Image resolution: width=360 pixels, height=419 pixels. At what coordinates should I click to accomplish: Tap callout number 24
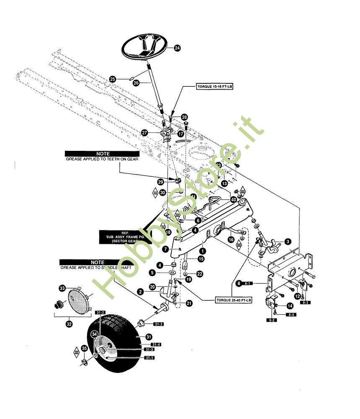(x=177, y=49)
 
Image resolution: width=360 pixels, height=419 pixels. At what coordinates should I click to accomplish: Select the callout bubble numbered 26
(x=136, y=83)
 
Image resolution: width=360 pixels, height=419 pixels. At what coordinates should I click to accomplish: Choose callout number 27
(x=145, y=132)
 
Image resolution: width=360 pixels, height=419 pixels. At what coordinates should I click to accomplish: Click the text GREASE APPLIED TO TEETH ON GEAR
(x=103, y=159)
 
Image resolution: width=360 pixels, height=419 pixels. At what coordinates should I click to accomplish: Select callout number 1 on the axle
(x=203, y=251)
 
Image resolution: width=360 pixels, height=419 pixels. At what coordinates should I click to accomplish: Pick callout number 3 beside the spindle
(x=288, y=241)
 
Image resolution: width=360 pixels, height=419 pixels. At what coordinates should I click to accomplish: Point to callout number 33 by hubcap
(x=62, y=288)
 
